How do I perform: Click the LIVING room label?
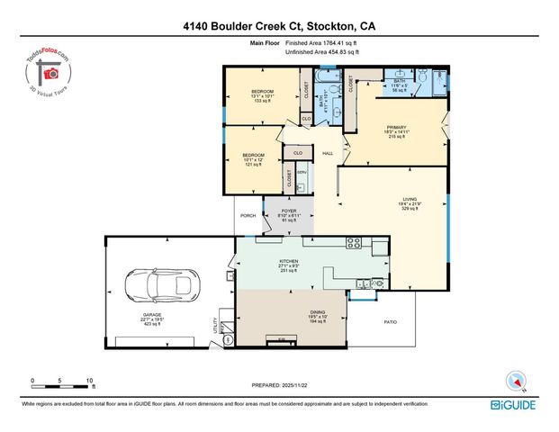(410, 203)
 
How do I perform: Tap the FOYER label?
(288, 214)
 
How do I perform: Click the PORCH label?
(248, 215)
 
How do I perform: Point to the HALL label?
(329, 153)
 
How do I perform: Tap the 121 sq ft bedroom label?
(251, 157)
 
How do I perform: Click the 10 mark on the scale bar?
(89, 380)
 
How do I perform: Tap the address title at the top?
(279, 27)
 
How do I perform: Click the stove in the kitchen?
(355, 243)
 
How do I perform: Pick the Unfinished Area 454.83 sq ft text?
(321, 52)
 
